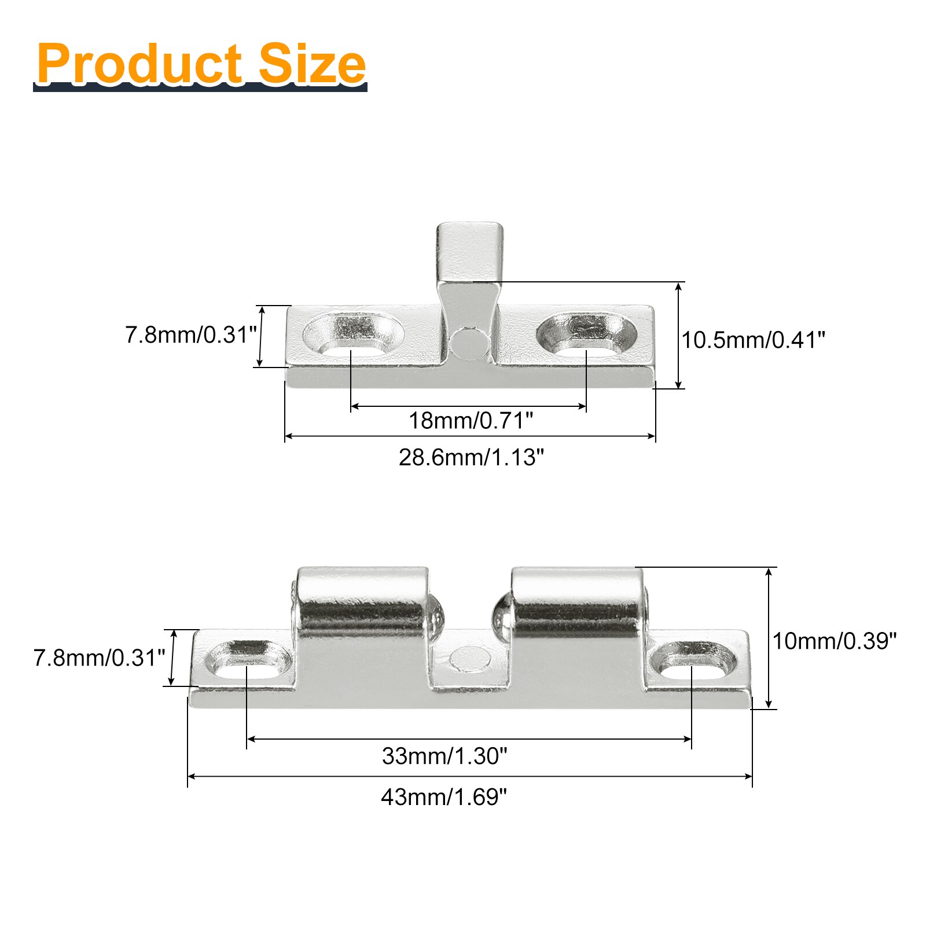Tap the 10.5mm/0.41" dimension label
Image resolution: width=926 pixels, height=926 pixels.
(753, 340)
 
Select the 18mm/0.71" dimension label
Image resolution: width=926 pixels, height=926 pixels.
(471, 420)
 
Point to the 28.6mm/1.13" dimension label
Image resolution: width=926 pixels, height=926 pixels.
(471, 457)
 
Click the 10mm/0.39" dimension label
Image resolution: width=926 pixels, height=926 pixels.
(835, 641)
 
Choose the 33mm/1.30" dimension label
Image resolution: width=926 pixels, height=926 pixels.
(444, 756)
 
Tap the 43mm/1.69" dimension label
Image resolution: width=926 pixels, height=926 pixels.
(444, 797)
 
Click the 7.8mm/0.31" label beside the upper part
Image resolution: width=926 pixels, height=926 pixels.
(190, 335)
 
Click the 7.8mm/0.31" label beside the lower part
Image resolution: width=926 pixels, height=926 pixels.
(99, 657)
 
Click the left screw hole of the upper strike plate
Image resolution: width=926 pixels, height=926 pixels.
(353, 336)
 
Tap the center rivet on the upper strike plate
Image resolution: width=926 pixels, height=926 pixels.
(469, 343)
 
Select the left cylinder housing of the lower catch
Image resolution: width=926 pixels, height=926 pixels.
(363, 602)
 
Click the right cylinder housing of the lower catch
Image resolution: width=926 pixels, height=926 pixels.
(576, 602)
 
